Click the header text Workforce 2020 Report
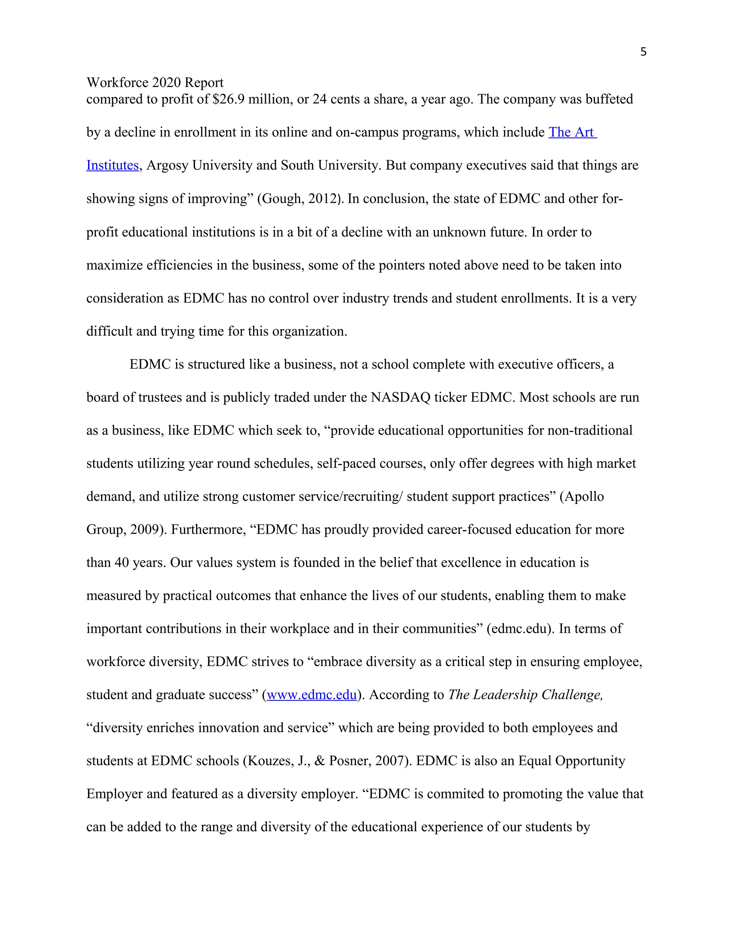click(x=155, y=83)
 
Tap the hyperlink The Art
click(x=572, y=132)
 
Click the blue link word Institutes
click(x=112, y=165)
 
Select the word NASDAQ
click(x=400, y=397)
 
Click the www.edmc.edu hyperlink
click(x=311, y=695)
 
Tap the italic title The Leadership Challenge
click(x=525, y=695)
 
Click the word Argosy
click(x=167, y=165)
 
